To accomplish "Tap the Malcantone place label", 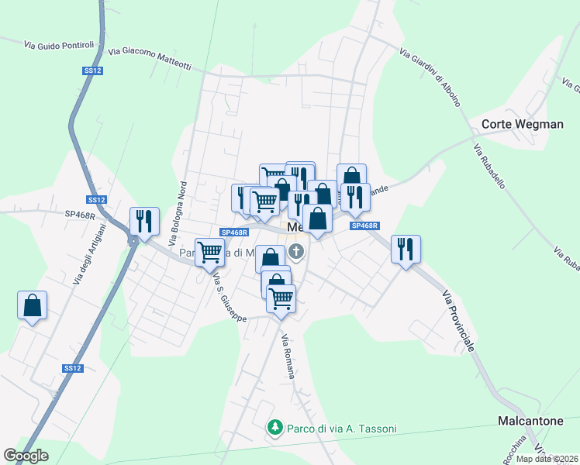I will (x=530, y=421).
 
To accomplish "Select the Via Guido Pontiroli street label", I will (x=58, y=45).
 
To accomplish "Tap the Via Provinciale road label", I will (x=458, y=321).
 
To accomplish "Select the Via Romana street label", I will (x=288, y=356).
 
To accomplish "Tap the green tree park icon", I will (x=274, y=427).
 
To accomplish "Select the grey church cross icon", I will (x=296, y=251).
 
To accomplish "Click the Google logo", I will (x=26, y=456).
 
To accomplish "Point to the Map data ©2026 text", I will (x=547, y=459).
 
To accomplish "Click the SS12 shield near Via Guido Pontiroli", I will (x=92, y=71).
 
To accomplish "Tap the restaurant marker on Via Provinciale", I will (x=406, y=250).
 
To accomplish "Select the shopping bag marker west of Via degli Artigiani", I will (x=32, y=305).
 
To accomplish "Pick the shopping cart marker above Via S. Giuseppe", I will (x=209, y=252).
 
